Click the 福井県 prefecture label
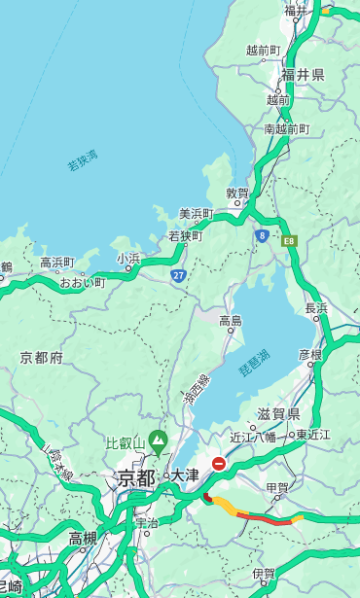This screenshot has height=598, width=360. [304, 75]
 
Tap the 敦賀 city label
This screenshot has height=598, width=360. [237, 194]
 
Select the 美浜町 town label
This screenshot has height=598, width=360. [196, 214]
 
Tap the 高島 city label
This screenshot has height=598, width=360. [231, 321]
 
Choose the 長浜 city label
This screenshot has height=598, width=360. [317, 308]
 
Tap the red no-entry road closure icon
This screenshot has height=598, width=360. [219, 464]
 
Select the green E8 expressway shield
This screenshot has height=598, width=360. [289, 239]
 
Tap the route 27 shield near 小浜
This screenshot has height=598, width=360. [178, 276]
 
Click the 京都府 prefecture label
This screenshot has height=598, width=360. [41, 358]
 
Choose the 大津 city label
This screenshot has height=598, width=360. [185, 475]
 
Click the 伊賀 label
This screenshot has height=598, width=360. [264, 574]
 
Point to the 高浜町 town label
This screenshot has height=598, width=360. [56, 263]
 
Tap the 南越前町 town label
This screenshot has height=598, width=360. [286, 128]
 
